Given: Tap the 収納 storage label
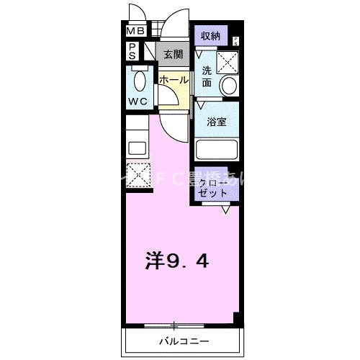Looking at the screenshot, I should click(x=210, y=36).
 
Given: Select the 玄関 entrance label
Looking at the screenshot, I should click(x=173, y=54).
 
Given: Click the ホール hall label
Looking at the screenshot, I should click(x=174, y=80).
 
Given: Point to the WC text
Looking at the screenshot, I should click(x=138, y=102).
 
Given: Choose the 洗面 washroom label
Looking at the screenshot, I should click(x=207, y=77).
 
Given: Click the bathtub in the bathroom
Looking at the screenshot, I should click(x=217, y=151).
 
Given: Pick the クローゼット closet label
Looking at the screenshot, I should click(x=215, y=189).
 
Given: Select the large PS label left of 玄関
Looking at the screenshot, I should click(x=134, y=50).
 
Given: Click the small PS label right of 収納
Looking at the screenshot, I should click(x=235, y=41).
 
